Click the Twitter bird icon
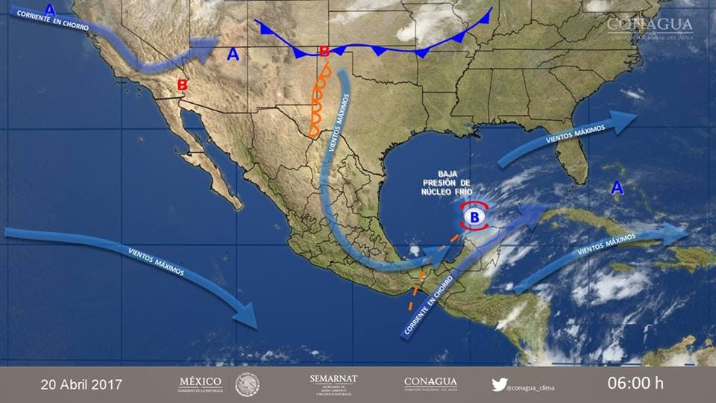coord(499,385)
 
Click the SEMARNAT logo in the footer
coord(333,384)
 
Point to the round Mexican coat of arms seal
coord(248,384)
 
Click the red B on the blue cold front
coord(324,51)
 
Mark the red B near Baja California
coord(182,85)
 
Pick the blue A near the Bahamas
coord(617,188)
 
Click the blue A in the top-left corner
coord(50,9)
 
